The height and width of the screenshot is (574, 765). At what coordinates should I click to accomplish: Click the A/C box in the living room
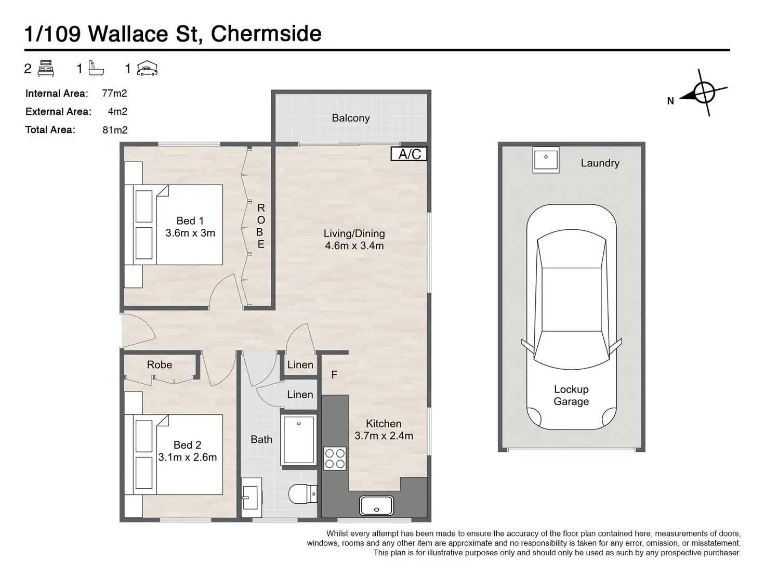pyautogui.click(x=409, y=154)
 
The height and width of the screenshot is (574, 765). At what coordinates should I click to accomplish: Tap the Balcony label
pyautogui.click(x=351, y=118)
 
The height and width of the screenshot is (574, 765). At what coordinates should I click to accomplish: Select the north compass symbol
pyautogui.click(x=702, y=94)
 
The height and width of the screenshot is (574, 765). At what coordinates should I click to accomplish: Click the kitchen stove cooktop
pyautogui.click(x=335, y=458)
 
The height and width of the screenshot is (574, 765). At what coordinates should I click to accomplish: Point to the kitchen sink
pyautogui.click(x=376, y=505)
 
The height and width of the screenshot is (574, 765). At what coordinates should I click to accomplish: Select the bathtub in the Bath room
pyautogui.click(x=298, y=439)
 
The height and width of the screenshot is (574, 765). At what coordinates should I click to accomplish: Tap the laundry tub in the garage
pyautogui.click(x=546, y=159)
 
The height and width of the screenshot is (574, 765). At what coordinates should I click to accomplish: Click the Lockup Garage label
pyautogui.click(x=571, y=395)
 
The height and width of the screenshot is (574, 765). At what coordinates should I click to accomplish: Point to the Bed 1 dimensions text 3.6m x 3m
pyautogui.click(x=190, y=233)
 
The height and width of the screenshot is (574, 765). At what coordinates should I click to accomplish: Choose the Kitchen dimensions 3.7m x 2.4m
pyautogui.click(x=384, y=436)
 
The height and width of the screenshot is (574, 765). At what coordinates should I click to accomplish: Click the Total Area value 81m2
pyautogui.click(x=115, y=130)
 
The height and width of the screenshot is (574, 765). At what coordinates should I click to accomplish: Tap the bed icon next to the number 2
pyautogui.click(x=46, y=69)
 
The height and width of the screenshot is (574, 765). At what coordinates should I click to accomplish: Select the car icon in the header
pyautogui.click(x=147, y=69)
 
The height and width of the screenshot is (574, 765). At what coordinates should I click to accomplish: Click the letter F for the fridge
pyautogui.click(x=334, y=374)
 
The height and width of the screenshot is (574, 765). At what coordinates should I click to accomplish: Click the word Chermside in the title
pyautogui.click(x=266, y=34)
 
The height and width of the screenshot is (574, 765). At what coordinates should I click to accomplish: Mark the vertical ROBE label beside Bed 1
pyautogui.click(x=260, y=226)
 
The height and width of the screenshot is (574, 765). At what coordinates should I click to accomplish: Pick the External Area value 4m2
pyautogui.click(x=117, y=111)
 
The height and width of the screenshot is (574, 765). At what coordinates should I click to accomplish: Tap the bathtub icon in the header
pyautogui.click(x=96, y=69)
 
